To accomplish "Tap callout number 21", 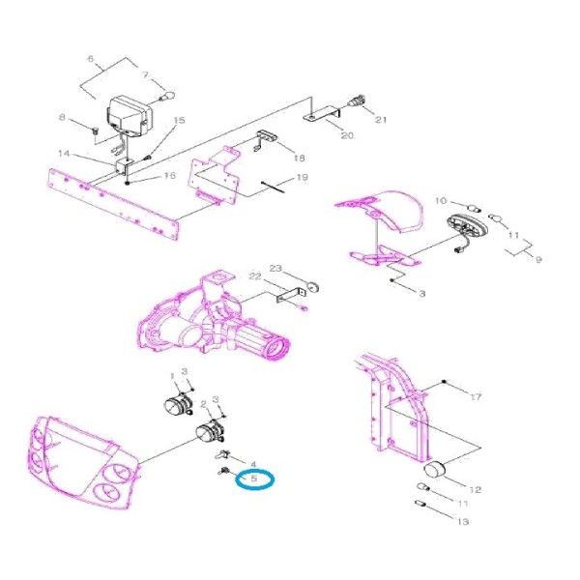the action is point(381,120).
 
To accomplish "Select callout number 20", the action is point(347,135).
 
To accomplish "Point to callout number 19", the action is point(303,177).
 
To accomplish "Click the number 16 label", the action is point(170,175).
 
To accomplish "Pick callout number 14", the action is point(64,153).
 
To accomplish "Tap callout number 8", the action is point(62,118).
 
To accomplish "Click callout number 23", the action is point(275,268).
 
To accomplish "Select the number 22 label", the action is point(255,276).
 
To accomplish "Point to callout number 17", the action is point(476,397).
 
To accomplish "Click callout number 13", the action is point(463,522).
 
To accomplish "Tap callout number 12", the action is point(475,490).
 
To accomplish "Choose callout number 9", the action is point(538,260).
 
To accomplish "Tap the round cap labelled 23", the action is point(313,287).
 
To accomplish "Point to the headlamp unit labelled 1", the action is point(177,404).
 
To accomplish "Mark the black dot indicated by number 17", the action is point(445,382).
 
